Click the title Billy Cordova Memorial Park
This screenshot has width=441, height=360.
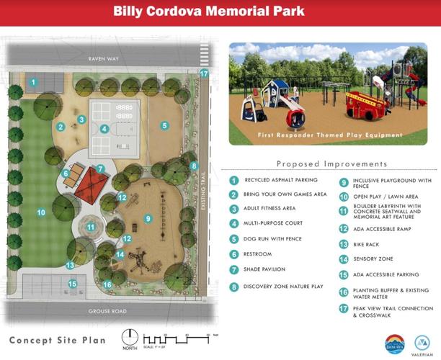[220, 12]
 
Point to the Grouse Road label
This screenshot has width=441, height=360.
[107, 311]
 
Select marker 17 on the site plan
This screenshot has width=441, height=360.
[204, 73]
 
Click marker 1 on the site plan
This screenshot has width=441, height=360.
[33, 83]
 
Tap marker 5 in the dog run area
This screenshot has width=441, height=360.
[164, 125]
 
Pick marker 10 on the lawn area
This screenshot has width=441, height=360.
[41, 212]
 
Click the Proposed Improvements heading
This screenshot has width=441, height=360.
[331, 164]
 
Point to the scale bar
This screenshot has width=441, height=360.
[178, 338]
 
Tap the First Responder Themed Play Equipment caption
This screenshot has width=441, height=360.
[331, 135]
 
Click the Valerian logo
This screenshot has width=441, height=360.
[424, 344]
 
